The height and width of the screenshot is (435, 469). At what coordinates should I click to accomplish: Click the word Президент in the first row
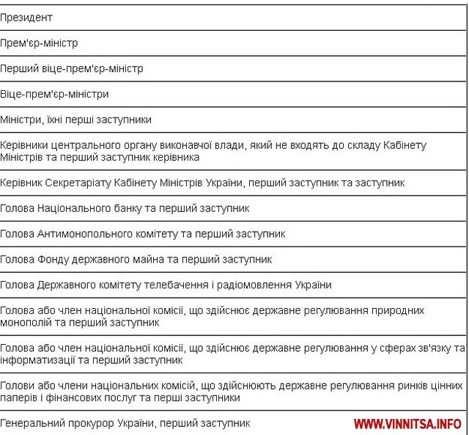click(x=26, y=16)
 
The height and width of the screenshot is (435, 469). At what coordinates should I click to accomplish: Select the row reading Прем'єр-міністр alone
click(x=39, y=43)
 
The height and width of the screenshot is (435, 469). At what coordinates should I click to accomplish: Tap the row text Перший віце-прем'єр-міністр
click(x=72, y=68)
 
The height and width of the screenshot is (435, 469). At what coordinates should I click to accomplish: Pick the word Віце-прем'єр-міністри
click(x=55, y=94)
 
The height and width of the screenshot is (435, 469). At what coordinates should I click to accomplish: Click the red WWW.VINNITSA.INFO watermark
click(x=407, y=424)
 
